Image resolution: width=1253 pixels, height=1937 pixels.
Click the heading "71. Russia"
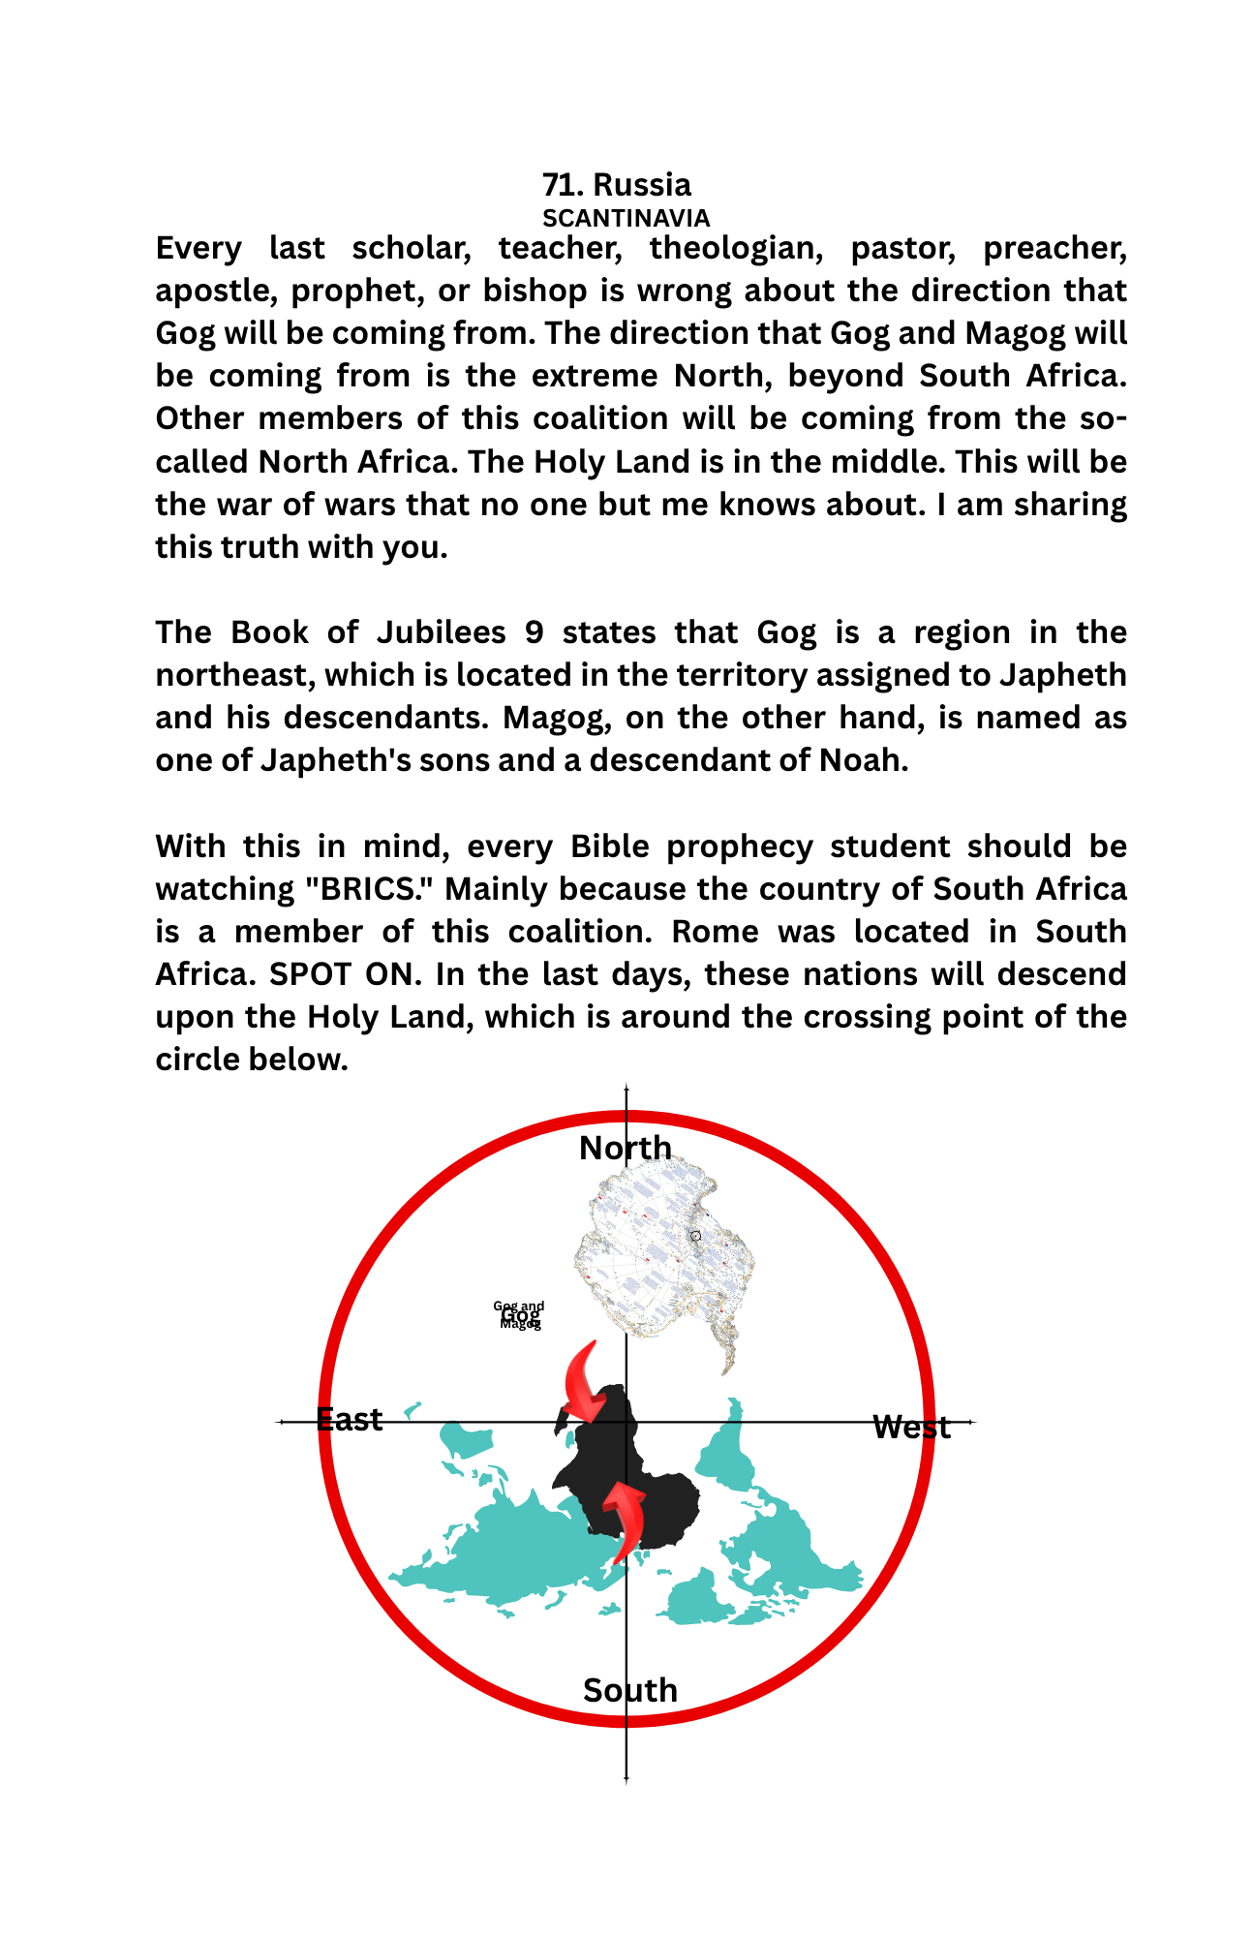(x=617, y=185)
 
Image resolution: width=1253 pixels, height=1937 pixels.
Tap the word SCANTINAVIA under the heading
(x=626, y=218)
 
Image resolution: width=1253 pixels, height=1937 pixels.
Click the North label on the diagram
(x=626, y=1148)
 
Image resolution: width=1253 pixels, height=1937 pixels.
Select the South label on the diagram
(x=630, y=1690)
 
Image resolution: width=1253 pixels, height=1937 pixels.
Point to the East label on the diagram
(x=350, y=1420)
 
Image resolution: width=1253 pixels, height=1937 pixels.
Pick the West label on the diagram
(x=911, y=1428)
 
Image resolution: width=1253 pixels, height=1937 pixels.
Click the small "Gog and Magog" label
(x=520, y=1315)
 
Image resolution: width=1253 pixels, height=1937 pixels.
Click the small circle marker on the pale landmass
(x=695, y=1236)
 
